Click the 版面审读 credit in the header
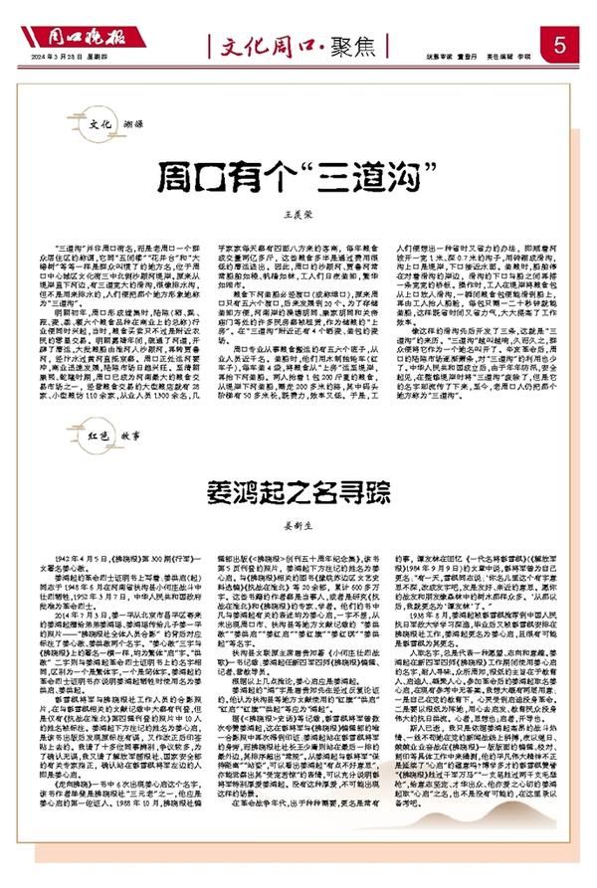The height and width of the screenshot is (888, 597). [443, 57]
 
